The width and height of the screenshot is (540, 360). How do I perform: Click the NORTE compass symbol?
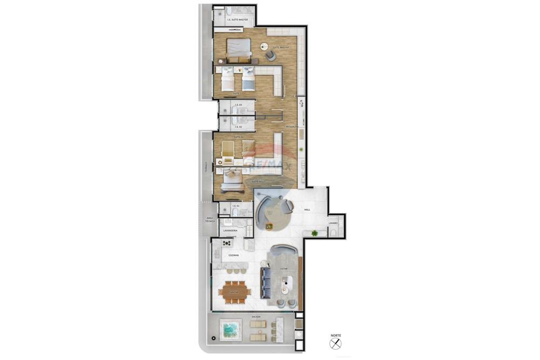(335, 343)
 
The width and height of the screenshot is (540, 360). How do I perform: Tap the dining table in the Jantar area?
(234, 291)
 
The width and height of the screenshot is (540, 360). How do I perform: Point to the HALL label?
(307, 209)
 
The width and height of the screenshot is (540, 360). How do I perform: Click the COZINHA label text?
(233, 255)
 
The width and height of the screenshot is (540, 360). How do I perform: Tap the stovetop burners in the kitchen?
(227, 243)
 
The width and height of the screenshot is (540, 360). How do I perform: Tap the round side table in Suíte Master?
(265, 46)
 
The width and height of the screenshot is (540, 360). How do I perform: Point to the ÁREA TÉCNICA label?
(210, 220)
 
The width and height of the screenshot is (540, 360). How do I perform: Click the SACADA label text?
(256, 316)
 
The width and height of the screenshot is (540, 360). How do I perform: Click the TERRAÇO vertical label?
(206, 167)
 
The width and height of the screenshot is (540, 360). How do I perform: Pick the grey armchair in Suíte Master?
(271, 56)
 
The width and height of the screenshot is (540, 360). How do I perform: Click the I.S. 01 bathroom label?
(235, 206)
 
